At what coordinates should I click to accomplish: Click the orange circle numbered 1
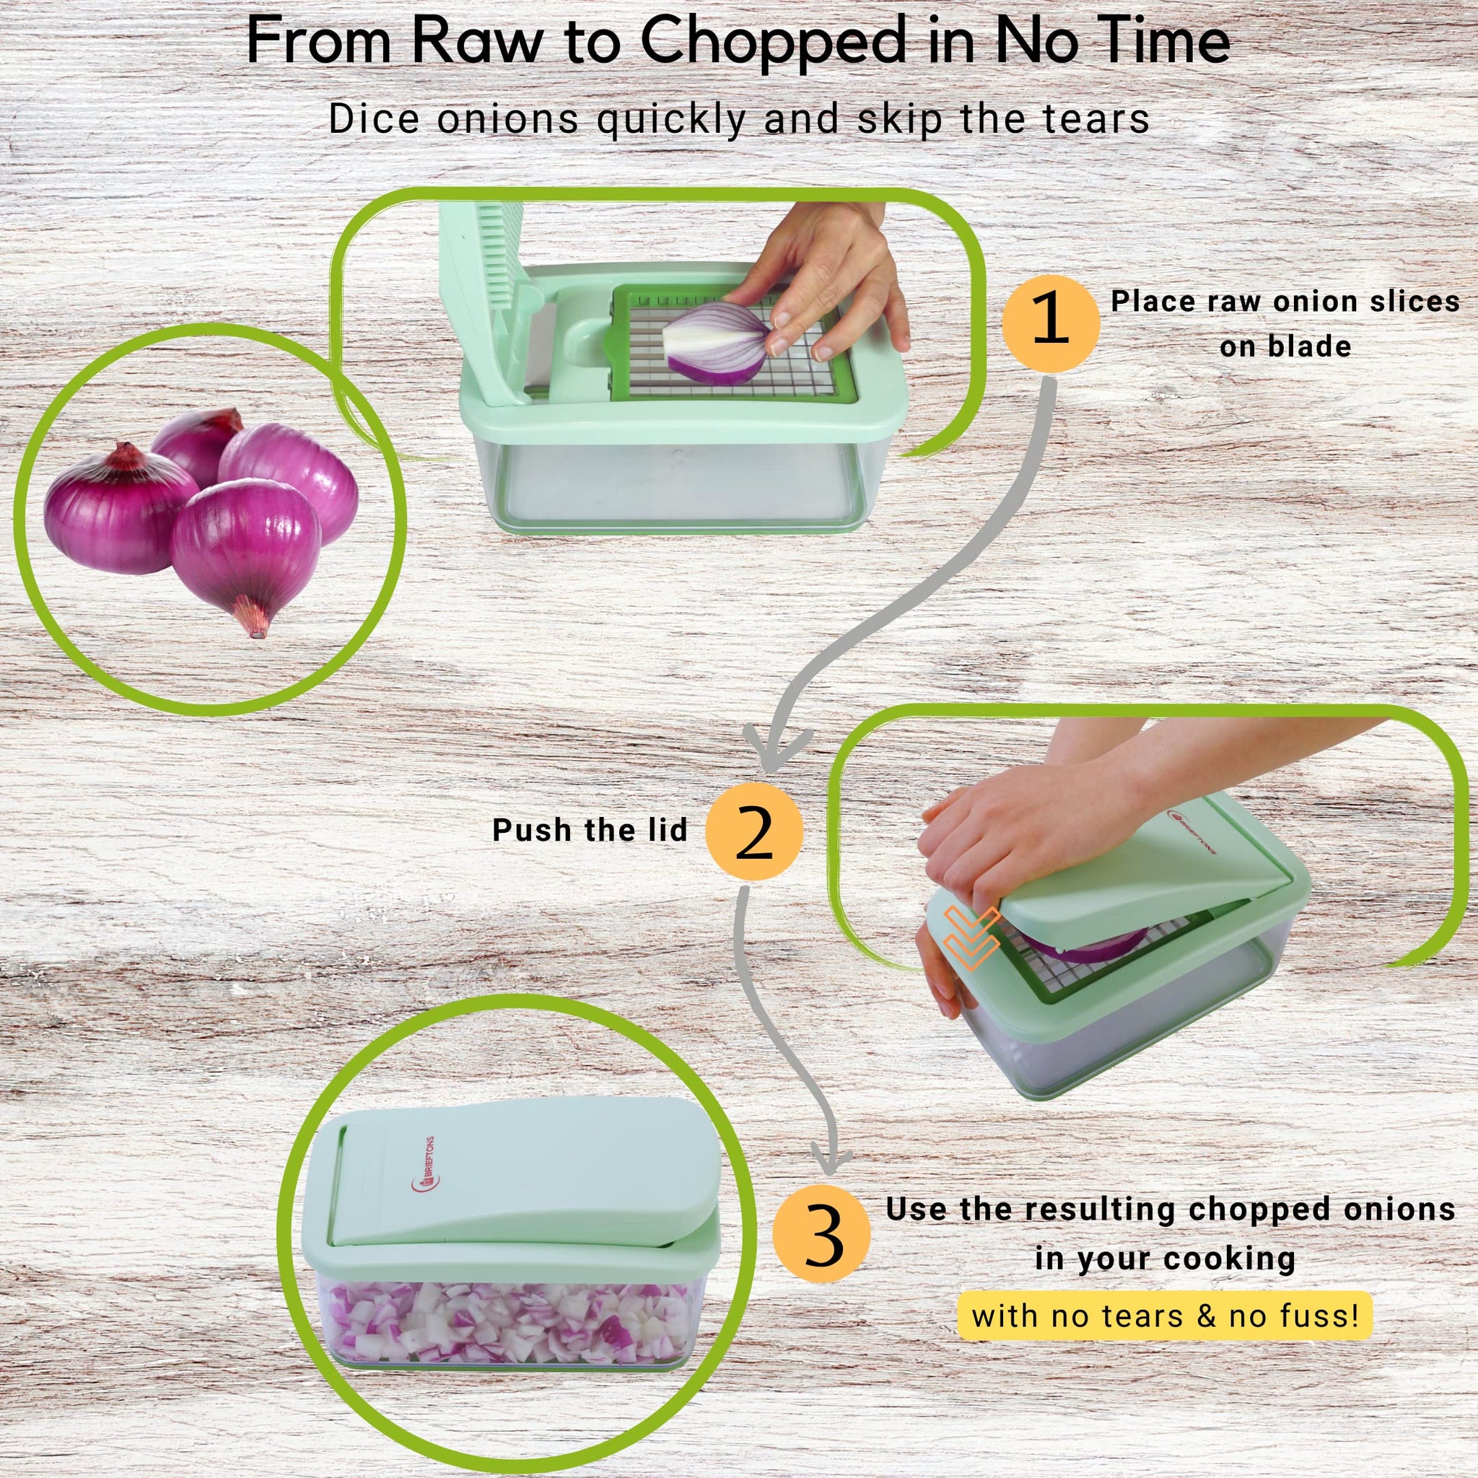click(1051, 324)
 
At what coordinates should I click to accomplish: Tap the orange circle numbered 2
click(754, 831)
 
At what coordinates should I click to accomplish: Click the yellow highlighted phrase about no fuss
click(1166, 1316)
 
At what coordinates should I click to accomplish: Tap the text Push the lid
click(590, 830)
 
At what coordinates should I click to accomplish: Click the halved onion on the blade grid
click(714, 342)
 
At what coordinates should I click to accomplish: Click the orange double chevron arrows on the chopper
click(971, 938)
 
